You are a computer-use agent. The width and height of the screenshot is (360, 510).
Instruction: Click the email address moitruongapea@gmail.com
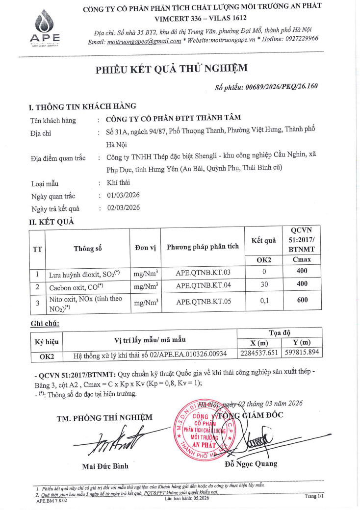coord(144,42)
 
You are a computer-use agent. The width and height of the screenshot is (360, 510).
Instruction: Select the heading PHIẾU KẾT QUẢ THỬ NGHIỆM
coord(171,68)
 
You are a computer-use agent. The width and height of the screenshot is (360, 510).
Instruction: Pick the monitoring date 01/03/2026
coord(123,195)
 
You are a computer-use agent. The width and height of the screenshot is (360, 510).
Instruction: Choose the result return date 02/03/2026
coord(123,207)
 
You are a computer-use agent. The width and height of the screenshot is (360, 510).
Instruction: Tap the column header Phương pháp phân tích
coord(203,246)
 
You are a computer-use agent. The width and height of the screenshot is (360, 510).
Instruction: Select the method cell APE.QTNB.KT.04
coord(203,285)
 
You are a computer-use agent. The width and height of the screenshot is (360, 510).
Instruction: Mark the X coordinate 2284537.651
coord(260,353)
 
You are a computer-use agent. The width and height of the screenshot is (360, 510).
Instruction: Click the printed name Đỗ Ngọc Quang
coord(250,463)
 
